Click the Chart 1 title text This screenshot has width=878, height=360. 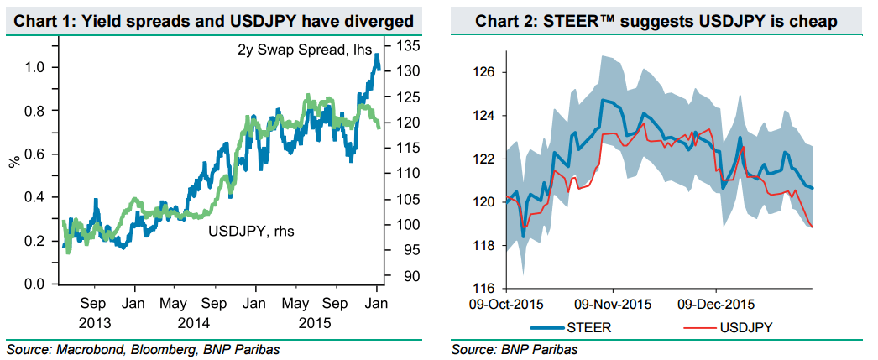(x=214, y=19)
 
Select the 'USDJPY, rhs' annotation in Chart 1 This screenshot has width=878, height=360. (x=243, y=227)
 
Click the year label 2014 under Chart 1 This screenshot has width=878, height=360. (x=194, y=321)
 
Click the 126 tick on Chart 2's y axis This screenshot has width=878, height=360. (x=485, y=72)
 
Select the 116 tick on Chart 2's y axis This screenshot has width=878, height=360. (x=485, y=288)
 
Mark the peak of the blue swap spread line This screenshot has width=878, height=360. (x=377, y=55)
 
